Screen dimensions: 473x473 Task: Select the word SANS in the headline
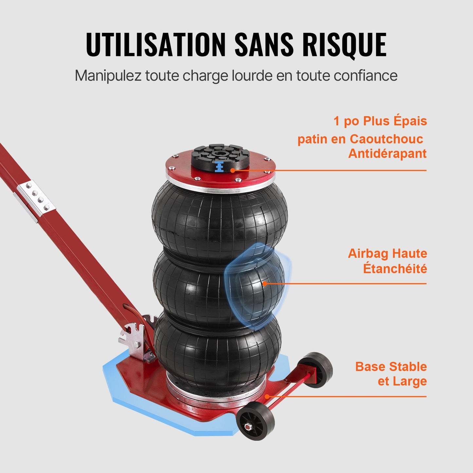point(264,45)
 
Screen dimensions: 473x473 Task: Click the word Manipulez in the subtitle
point(108,76)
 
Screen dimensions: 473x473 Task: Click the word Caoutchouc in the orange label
point(386,139)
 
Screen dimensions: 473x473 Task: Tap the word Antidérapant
point(387,154)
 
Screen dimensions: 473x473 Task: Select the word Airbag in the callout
point(368,254)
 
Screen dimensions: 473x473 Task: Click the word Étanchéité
point(395,269)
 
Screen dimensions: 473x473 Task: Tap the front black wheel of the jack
point(256,420)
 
